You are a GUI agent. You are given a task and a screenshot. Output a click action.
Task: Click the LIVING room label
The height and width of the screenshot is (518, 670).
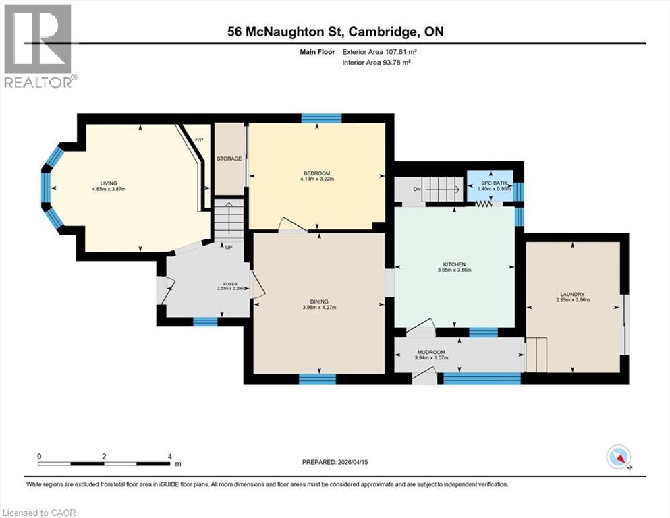[109, 183]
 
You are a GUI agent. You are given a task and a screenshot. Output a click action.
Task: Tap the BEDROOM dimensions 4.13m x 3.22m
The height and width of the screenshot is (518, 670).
[316, 179]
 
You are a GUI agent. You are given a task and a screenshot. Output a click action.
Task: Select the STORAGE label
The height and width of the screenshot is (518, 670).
[229, 159]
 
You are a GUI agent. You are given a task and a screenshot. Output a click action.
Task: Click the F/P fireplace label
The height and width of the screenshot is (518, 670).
[198, 140]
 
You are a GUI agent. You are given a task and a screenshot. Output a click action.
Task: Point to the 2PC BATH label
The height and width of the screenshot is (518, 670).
[490, 183]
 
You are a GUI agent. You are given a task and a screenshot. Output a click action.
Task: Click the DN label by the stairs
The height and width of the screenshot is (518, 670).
[417, 189]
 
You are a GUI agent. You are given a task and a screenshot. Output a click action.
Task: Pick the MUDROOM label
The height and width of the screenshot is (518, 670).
[430, 351]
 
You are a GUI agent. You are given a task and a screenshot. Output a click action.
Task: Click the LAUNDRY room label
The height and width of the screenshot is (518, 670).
[571, 294]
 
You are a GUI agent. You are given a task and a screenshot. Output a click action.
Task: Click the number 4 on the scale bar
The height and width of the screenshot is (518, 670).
[169, 456]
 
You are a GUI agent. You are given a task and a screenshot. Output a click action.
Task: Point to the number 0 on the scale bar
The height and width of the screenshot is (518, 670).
[39, 456]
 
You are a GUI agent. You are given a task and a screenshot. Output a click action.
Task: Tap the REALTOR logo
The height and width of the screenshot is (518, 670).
[38, 47]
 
